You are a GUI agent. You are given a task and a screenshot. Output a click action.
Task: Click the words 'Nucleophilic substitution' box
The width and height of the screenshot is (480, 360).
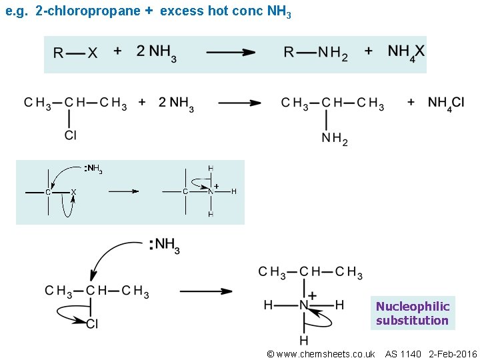412,313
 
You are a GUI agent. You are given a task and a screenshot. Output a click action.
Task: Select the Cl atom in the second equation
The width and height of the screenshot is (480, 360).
71,135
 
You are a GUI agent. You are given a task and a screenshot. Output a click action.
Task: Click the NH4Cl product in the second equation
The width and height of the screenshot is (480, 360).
446,103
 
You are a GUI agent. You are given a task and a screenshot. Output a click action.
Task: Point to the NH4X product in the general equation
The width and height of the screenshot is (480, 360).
405,52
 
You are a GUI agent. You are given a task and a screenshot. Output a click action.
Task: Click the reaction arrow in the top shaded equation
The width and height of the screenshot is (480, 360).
231,52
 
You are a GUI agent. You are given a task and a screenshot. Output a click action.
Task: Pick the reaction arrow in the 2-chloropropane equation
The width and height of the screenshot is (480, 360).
239,103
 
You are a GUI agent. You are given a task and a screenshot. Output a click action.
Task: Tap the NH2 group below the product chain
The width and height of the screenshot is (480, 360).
335,139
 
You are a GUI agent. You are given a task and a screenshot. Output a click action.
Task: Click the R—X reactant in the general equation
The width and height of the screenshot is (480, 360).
75,53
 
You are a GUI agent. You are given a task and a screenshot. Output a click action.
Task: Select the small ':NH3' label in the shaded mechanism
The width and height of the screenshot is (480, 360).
93,169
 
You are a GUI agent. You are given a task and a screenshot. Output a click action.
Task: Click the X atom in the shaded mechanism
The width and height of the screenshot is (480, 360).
73,192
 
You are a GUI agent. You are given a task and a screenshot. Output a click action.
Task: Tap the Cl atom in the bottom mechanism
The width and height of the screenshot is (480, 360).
92,324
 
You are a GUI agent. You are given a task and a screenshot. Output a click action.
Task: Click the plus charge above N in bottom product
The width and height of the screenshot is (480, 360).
312,295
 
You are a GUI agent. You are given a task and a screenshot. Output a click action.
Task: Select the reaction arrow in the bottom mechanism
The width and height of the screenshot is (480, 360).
206,291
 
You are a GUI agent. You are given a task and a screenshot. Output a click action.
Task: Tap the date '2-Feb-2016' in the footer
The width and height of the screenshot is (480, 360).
453,354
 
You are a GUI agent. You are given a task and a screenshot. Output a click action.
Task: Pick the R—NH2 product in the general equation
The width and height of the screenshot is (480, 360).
315,53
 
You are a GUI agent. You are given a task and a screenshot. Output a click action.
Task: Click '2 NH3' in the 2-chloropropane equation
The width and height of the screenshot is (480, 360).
176,103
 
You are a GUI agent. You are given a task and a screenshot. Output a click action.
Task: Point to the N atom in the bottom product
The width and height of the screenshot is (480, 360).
304,305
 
